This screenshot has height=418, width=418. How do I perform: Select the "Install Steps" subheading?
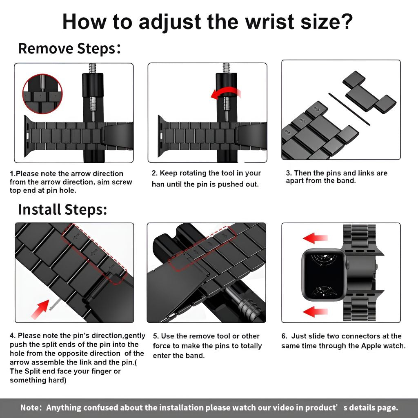tap(62, 209)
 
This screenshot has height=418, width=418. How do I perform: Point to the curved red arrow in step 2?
tap(225, 93)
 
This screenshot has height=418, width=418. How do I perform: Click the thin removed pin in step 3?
tap(349, 109)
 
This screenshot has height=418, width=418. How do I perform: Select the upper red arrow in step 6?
tap(315, 238)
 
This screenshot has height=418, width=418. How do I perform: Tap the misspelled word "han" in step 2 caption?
tap(158, 184)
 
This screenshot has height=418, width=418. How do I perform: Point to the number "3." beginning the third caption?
tap(289, 173)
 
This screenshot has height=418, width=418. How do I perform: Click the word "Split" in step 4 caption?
tap(34, 371)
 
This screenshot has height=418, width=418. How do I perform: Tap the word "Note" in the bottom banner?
tap(29, 407)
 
